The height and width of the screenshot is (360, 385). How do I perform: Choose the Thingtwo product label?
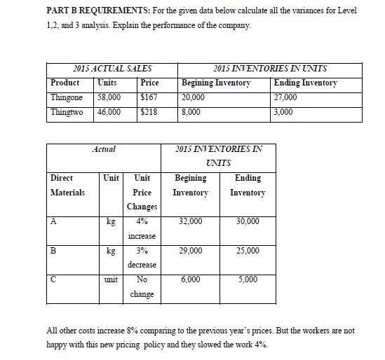[67, 111]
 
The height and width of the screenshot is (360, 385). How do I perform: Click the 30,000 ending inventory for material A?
[248, 221]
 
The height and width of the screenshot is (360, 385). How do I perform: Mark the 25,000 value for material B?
[248, 250]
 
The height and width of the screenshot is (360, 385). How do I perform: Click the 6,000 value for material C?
[190, 279]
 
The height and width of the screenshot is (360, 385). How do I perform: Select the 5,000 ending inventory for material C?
[248, 279]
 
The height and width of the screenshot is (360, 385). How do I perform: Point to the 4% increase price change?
[142, 229]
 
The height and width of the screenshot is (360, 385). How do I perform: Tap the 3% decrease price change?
[142, 257]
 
